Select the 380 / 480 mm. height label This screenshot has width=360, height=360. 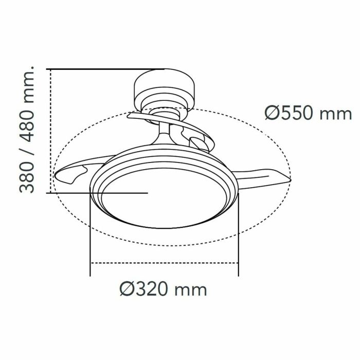[28, 129]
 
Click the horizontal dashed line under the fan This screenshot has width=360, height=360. [165, 263]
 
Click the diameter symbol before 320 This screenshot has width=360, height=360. [127, 290]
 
